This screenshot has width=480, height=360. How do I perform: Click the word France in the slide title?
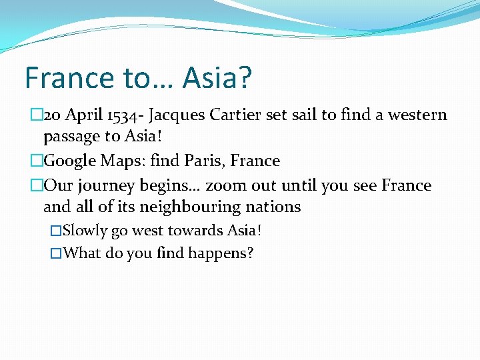(x=69, y=78)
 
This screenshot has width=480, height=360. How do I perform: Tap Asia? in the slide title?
(x=217, y=78)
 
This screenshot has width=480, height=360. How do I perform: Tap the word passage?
(x=74, y=137)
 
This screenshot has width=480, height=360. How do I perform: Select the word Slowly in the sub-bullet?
(x=85, y=231)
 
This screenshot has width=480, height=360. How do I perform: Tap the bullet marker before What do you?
(x=56, y=253)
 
